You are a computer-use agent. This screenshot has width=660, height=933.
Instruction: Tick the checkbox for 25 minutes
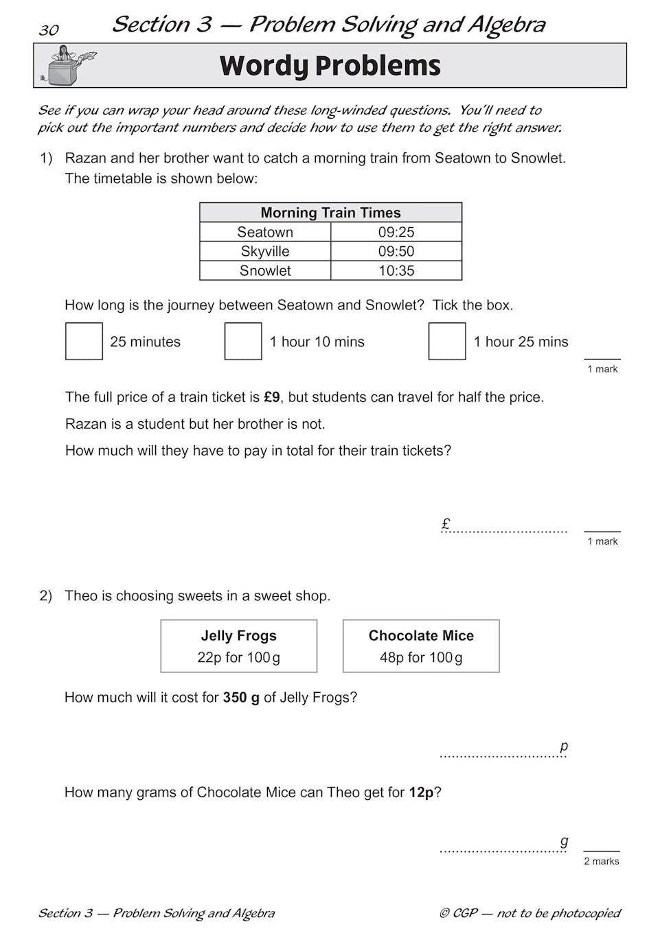point(84,341)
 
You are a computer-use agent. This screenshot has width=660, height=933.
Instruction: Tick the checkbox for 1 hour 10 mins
point(243,341)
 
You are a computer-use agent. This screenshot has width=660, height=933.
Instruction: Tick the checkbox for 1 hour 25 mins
point(447,341)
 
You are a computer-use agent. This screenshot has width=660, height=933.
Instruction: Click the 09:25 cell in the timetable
point(396,232)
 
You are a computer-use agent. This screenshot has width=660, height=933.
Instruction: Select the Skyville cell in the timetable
point(265,251)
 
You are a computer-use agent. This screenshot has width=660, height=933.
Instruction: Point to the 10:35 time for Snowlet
point(396,270)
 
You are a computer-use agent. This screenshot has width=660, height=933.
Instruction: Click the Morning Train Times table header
point(330,213)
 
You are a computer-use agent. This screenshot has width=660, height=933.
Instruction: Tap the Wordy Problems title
point(330,66)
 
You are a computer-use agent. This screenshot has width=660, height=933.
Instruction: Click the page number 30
point(49,30)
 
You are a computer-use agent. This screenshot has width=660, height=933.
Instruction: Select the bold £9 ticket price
point(272,397)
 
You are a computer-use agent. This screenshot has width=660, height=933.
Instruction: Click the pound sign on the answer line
point(446,524)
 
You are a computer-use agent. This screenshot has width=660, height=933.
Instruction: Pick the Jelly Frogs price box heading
point(238,635)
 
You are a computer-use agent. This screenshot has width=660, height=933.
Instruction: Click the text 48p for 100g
point(421,657)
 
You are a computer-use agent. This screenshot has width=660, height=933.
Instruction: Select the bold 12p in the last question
point(421,792)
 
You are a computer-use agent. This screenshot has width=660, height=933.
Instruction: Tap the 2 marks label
point(602,861)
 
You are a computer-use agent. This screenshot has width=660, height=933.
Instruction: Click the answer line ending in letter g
point(503,848)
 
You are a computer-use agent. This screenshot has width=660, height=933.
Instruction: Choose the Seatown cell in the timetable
point(265,232)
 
